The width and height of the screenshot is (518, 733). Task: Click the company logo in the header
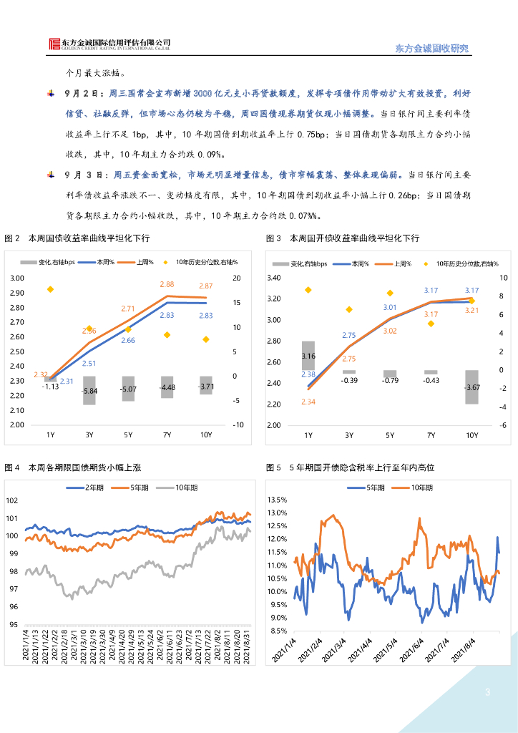55,44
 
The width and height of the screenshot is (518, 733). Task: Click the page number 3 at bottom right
487,692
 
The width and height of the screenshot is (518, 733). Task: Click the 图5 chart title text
351,467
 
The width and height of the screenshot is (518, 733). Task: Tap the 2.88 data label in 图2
167,284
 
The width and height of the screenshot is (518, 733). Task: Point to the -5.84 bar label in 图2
90,391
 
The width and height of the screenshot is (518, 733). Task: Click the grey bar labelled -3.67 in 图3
472,387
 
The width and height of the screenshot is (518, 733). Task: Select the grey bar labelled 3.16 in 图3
308,355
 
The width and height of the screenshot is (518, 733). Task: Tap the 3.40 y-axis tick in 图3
273,278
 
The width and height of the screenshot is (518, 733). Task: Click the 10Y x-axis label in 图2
206,435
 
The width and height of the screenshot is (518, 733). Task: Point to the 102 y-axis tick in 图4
11,500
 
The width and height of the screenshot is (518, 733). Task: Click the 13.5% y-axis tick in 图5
277,500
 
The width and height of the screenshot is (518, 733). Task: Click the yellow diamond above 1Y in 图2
51,289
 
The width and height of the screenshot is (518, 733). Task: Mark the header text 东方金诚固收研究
431,48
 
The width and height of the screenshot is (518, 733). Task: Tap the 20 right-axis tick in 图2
237,278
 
